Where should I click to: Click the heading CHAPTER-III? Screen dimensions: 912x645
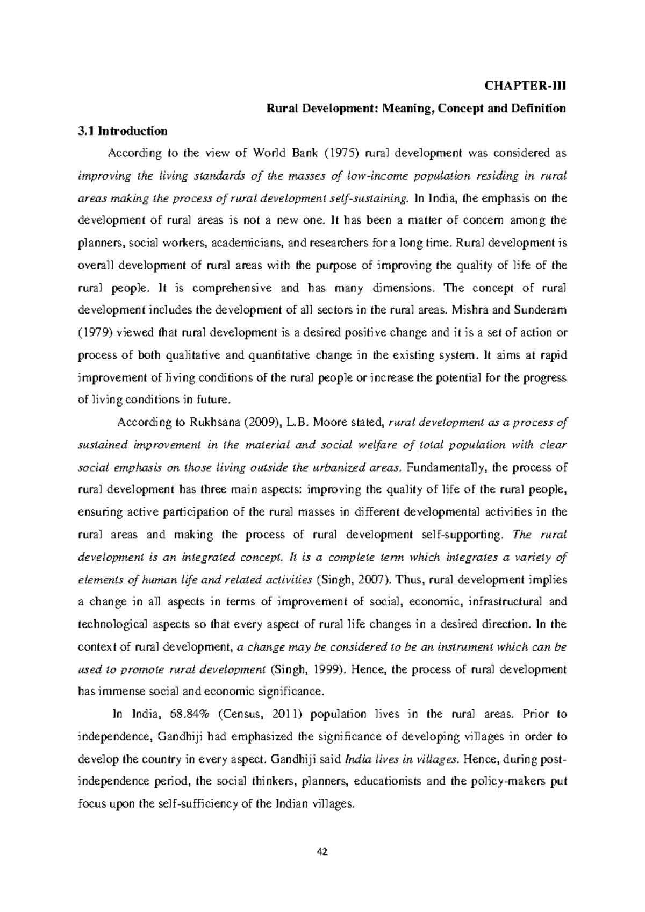pos(526,86)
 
